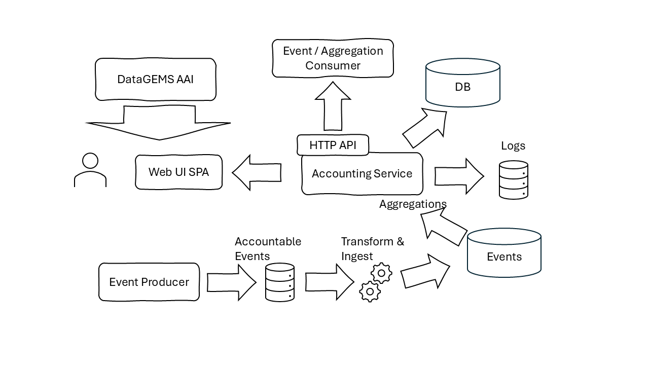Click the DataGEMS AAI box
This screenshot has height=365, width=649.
[x=156, y=79]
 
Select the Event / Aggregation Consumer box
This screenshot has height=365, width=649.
[x=333, y=58]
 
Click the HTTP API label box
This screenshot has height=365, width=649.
[x=333, y=145]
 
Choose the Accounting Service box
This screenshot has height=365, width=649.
[x=362, y=174]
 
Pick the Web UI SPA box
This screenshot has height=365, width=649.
[x=178, y=172]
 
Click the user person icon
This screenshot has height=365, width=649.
[x=90, y=171]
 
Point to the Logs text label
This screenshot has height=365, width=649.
[x=513, y=146]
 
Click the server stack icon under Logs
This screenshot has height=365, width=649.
[x=514, y=180]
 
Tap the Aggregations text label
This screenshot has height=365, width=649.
[x=413, y=204]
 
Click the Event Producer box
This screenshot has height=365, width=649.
[x=149, y=282]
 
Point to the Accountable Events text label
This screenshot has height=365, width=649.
[x=268, y=248]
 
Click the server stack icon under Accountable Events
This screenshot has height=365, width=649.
[x=280, y=282]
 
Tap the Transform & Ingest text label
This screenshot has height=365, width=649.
[x=372, y=248]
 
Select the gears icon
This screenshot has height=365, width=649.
[x=376, y=283]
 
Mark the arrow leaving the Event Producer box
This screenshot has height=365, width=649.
[x=231, y=282]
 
